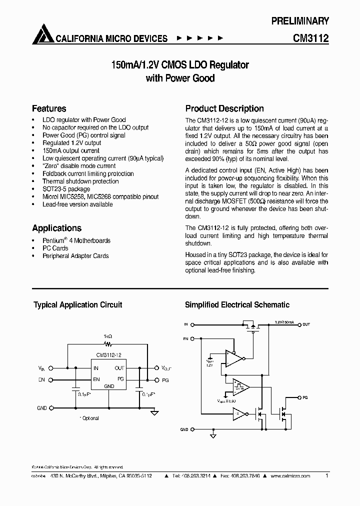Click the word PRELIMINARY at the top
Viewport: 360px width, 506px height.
tap(300, 21)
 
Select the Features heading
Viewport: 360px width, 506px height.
tap(49, 108)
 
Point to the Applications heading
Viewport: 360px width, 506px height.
tap(56, 228)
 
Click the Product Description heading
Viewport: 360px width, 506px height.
tap(224, 108)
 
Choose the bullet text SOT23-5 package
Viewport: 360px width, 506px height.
tap(66, 189)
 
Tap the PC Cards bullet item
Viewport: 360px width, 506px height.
tap(55, 248)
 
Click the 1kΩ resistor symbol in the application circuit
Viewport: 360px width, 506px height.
tap(107, 344)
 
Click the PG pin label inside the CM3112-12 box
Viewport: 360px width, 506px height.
tap(120, 379)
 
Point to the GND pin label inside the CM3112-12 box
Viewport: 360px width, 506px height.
tap(108, 386)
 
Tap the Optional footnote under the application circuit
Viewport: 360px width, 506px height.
tap(89, 418)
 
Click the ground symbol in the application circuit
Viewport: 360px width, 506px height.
tap(155, 412)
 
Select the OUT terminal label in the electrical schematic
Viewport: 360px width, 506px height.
tap(306, 324)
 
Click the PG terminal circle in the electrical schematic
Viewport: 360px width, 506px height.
tap(299, 396)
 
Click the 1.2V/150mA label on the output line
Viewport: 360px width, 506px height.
tap(284, 322)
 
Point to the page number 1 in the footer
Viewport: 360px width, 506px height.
tap(326, 476)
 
